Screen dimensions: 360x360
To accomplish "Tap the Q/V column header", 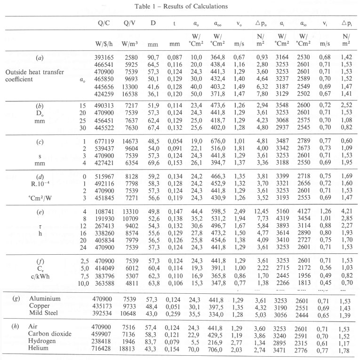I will [x=129, y=23].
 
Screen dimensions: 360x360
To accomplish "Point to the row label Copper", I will [x=40, y=305].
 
